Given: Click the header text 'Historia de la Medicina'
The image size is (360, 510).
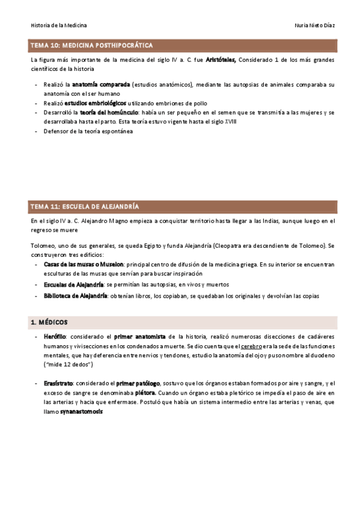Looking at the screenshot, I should tap(58, 25).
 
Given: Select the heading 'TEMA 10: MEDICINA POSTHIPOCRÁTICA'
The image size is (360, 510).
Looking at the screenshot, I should tap(91, 45).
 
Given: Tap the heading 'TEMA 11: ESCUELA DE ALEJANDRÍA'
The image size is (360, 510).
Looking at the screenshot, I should tap(85, 206).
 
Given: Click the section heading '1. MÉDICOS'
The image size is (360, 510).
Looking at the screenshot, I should tap(49, 322).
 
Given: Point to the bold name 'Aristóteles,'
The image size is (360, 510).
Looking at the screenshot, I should tap(221, 60).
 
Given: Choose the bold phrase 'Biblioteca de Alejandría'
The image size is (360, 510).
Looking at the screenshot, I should tap(75, 295).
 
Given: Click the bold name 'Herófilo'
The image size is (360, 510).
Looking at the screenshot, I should tap(55, 337).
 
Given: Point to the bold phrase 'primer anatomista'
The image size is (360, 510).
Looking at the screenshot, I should tap(139, 337).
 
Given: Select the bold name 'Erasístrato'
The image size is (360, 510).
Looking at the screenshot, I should tap(58, 383).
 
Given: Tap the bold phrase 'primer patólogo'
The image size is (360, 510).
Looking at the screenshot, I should tap(138, 383).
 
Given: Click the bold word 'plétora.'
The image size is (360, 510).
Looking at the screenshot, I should tap(145, 393).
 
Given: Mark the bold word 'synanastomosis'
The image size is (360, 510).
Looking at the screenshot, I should tap(81, 412).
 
